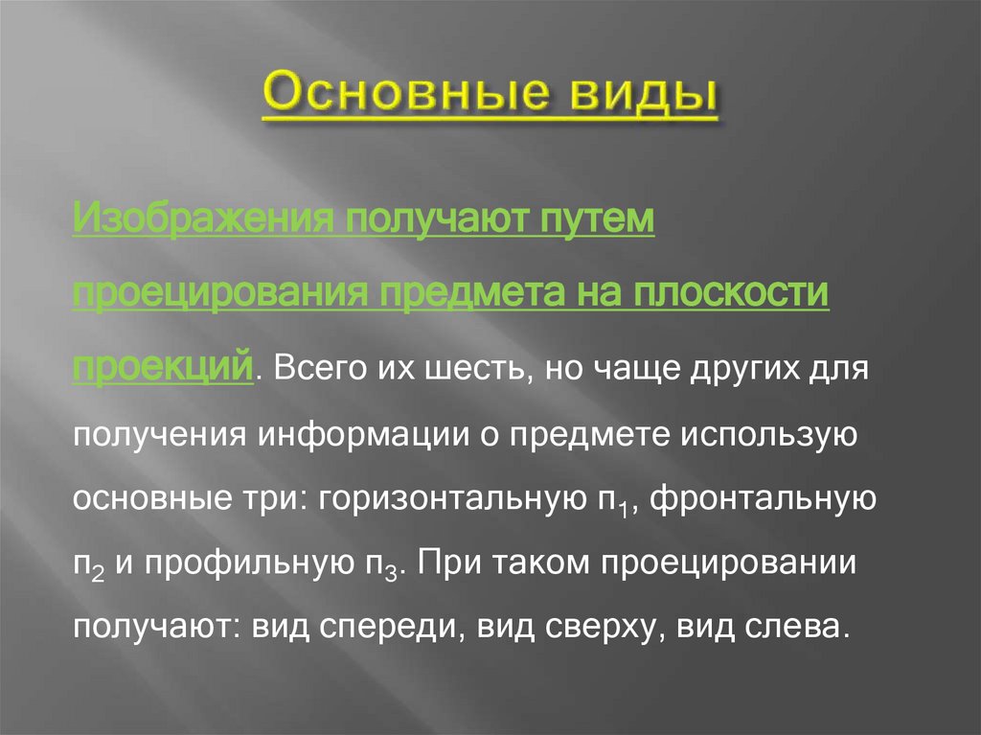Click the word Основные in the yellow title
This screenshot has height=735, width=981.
(x=401, y=96)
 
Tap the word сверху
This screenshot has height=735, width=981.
(x=605, y=628)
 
